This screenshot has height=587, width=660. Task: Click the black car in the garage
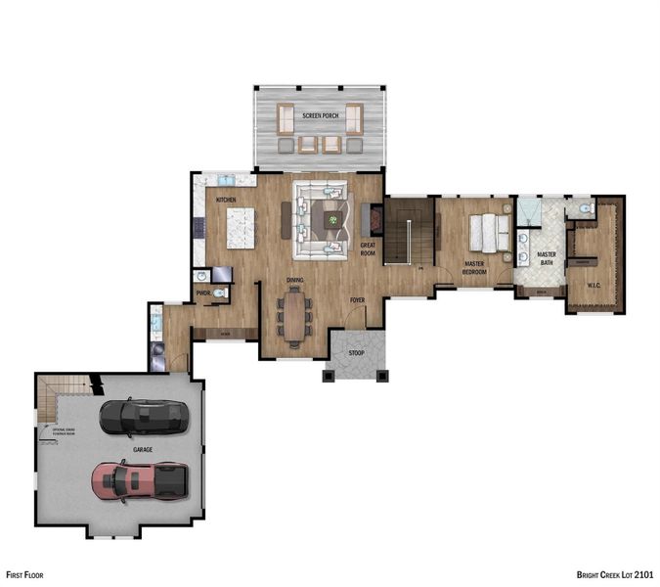pyautogui.click(x=144, y=418)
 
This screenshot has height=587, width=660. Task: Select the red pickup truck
pyautogui.click(x=139, y=480)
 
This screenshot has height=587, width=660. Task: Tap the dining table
pyautogui.click(x=295, y=315)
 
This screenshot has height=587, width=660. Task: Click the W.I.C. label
pyautogui.click(x=593, y=286)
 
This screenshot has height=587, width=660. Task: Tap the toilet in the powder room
pyautogui.click(x=220, y=292)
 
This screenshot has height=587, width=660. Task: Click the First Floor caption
pyautogui.click(x=24, y=576)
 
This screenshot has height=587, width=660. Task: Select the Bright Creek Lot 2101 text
pyautogui.click(x=615, y=576)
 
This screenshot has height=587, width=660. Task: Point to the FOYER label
pyautogui.click(x=358, y=300)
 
